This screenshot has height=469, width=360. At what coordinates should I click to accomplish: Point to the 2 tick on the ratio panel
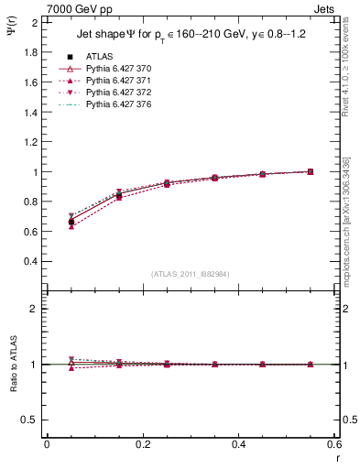(x=37, y=309)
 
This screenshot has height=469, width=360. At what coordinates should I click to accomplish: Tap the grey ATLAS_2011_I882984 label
(x=189, y=274)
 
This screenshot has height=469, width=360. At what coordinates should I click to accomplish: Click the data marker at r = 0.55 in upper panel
(x=310, y=171)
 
